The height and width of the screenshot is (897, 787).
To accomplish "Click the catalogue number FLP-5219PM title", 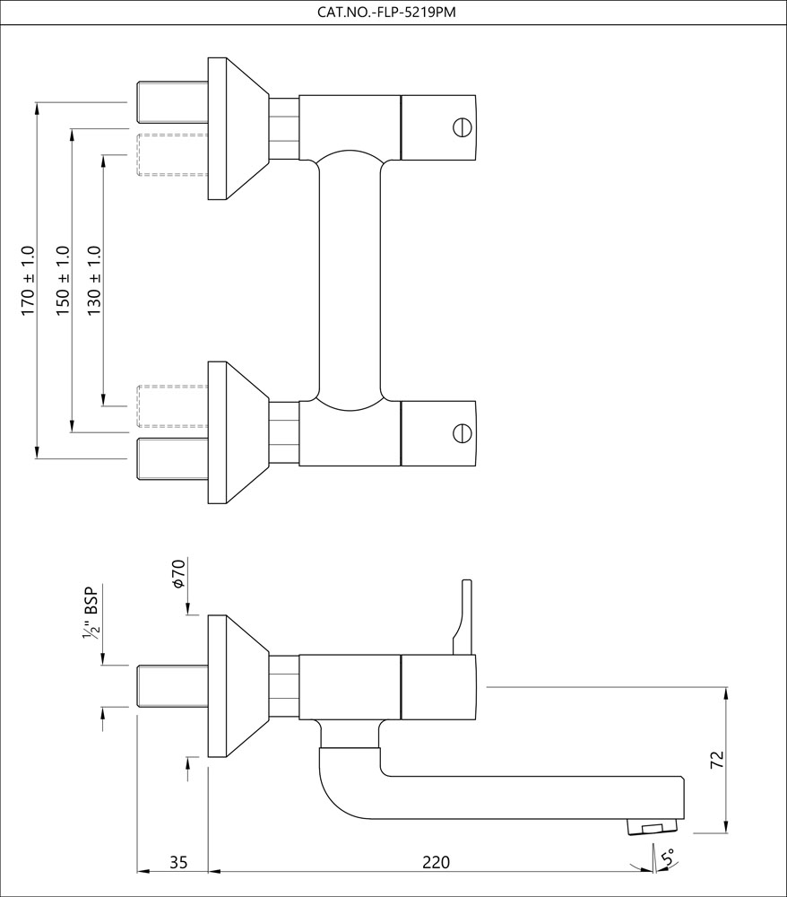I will click(393, 12).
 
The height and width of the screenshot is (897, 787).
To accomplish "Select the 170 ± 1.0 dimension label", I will click(28, 280).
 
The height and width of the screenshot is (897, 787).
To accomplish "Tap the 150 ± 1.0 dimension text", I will click(62, 280).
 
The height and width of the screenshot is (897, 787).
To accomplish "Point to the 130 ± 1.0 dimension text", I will click(94, 280).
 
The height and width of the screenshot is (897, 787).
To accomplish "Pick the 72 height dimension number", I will click(716, 760).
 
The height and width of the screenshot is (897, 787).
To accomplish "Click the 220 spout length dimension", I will click(436, 862).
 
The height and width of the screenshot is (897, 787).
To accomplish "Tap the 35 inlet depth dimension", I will click(178, 862).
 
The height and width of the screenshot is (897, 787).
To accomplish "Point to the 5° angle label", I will click(667, 858).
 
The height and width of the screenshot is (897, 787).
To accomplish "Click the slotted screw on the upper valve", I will click(463, 126).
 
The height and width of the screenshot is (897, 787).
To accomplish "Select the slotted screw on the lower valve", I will click(463, 433).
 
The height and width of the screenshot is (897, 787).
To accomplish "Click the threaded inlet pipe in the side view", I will click(172, 685).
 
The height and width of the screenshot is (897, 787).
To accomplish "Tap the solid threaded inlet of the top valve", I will click(172, 102).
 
